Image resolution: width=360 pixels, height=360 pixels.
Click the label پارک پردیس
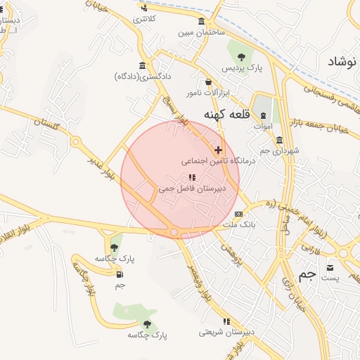point(242,69)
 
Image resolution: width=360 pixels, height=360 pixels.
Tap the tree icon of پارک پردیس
point(241,56)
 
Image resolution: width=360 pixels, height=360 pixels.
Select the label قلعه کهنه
point(224,114)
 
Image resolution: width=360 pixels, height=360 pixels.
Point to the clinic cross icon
point(219,150)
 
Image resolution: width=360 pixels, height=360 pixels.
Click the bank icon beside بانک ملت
point(239,214)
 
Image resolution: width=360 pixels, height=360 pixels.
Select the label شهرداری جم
point(279,151)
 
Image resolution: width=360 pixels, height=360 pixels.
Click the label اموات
point(262,127)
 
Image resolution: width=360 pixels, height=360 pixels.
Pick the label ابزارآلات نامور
point(208,93)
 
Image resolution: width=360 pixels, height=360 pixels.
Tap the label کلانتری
point(144,18)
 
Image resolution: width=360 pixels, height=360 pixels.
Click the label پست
point(330,278)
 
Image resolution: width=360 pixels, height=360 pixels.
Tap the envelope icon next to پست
point(330,267)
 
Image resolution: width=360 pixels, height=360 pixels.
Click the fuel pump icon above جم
point(120,274)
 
